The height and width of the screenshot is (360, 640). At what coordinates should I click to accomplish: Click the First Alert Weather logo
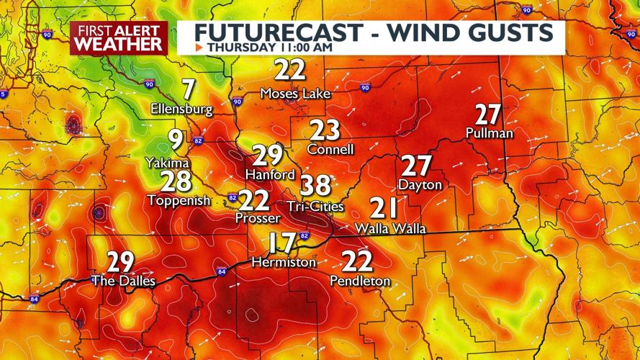(119, 37)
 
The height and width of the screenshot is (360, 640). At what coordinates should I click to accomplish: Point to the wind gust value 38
(315, 186)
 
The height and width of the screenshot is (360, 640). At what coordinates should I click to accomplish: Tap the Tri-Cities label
(315, 206)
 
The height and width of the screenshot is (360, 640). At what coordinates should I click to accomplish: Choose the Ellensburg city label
(181, 109)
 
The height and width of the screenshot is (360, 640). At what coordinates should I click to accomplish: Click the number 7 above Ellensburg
(188, 90)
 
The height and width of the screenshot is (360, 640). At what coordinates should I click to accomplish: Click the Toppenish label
(179, 201)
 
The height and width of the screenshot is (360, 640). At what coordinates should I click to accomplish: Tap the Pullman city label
(489, 134)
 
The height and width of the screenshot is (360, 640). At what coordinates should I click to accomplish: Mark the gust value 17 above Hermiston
(283, 243)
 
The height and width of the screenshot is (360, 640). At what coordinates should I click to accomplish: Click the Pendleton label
(360, 281)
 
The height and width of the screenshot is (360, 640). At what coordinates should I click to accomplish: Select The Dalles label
(123, 281)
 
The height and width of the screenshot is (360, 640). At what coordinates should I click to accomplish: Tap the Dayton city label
(420, 185)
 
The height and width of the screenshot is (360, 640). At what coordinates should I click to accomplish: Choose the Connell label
(330, 150)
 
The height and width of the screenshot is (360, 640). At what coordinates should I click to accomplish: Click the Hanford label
(270, 174)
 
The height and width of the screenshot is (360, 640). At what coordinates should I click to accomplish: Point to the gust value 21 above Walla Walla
(384, 208)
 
